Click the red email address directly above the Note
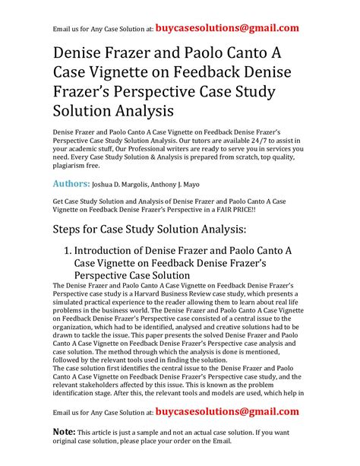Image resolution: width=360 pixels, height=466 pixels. (226, 411)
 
